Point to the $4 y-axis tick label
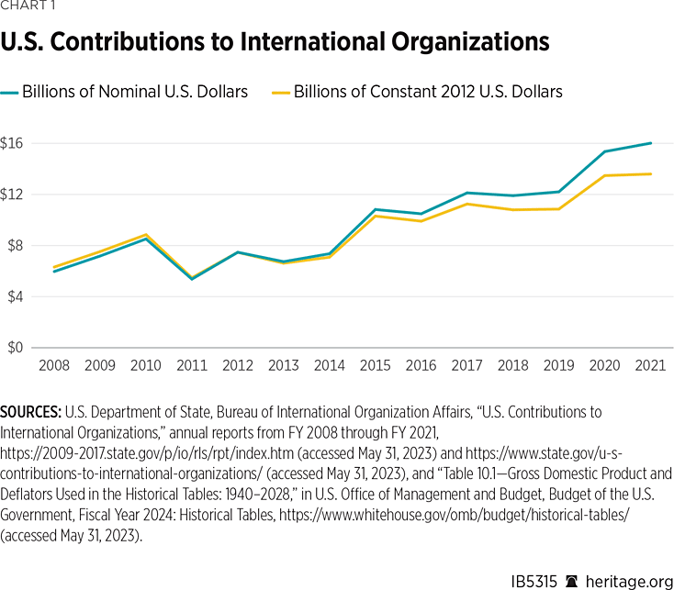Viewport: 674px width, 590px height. point(15,296)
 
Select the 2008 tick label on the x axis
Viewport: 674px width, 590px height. point(54,366)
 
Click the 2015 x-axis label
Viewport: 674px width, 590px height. point(376,366)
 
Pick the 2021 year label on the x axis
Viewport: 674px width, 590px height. point(651,366)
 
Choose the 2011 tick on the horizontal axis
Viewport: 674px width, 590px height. point(192,366)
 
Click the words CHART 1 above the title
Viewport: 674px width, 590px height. point(28,9)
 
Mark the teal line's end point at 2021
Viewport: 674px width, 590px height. point(651,142)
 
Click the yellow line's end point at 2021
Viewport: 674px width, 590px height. point(651,173)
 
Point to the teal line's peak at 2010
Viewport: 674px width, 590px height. point(147,238)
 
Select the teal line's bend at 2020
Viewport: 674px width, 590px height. point(605,151)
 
